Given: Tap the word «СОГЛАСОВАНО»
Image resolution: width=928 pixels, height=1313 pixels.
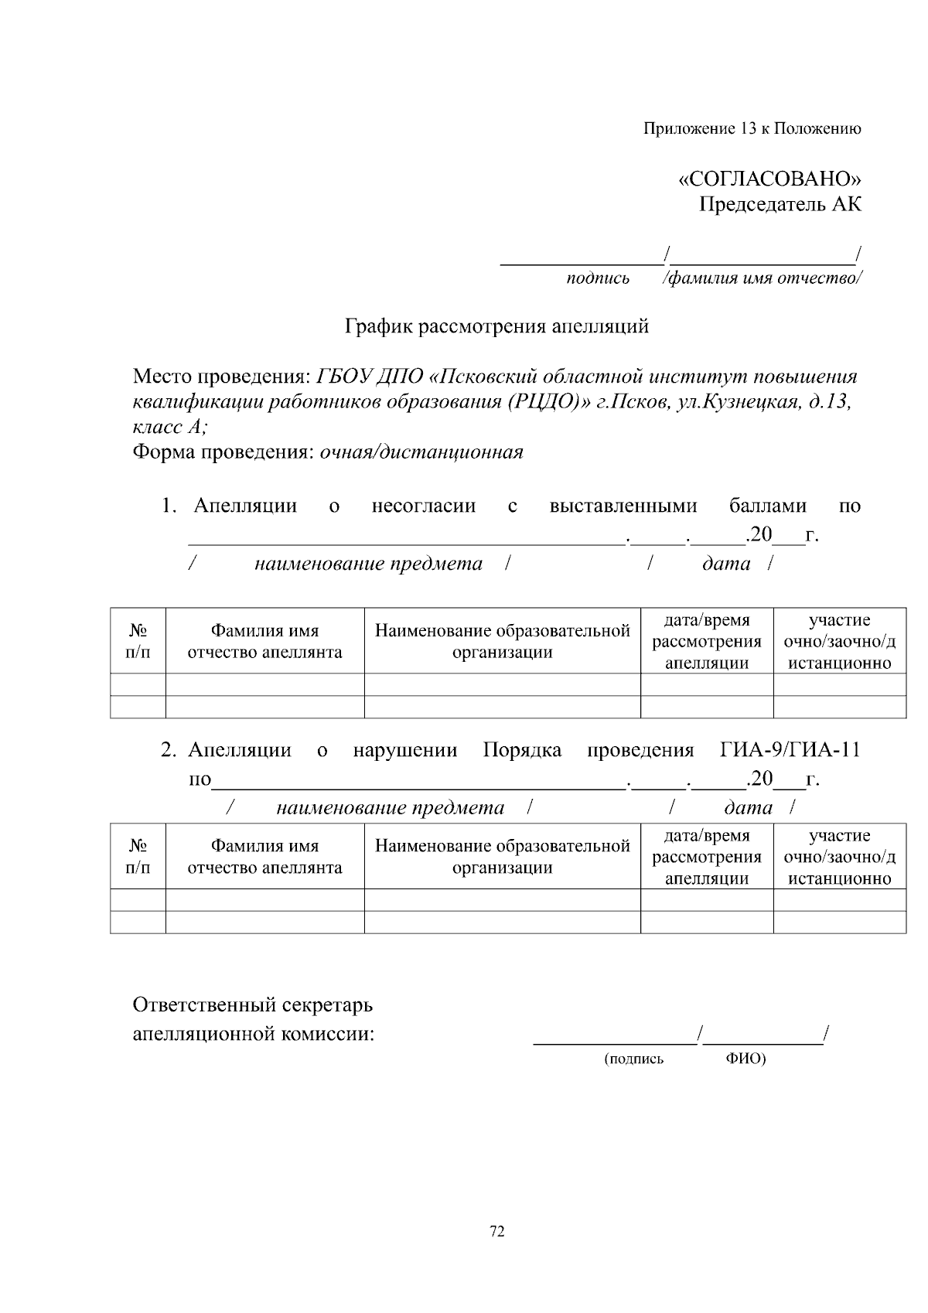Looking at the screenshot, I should pos(769,179).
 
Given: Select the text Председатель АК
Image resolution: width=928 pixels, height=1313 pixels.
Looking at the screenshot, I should pos(780,205).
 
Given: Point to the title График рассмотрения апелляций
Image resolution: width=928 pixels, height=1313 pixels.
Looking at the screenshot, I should pos(496,326).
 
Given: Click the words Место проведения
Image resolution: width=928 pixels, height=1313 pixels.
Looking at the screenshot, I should pos(220,377).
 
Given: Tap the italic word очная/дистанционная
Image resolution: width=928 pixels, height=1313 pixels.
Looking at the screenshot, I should pos(421,452).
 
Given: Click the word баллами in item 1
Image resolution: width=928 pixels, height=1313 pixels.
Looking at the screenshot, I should pos(767,506).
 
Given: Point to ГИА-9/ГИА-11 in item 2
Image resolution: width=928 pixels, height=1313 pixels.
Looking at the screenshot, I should pos(790,750).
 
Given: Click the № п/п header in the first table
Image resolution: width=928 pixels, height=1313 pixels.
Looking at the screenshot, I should pos(138,641).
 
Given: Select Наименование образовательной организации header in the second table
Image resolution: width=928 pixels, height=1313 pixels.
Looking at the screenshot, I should pos(503,856).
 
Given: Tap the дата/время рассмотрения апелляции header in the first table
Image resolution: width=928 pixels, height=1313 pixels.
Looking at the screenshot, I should pos(707,641).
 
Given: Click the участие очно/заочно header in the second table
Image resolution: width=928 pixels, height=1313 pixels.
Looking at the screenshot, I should pos(839,856).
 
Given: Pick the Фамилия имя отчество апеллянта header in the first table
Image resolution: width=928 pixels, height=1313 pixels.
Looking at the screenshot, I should pos(264,641).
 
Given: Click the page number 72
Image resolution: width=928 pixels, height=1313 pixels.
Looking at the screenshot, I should pos(497,1232).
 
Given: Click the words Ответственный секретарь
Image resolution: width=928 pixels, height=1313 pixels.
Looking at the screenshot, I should pos(252,1005).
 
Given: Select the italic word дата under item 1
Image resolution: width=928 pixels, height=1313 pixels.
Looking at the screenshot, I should pos(726,564).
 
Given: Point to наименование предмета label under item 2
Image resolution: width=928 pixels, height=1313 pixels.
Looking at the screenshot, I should pos(390,808).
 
